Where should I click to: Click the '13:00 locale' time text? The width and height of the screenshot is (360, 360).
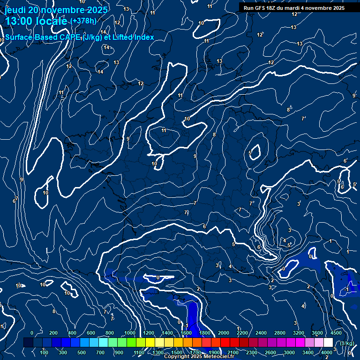pos(36,22)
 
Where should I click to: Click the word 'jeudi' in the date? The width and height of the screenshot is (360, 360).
pos(15,10)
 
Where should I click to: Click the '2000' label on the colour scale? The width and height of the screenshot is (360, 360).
pos(224,333)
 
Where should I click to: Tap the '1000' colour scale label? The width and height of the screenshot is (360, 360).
pos(130,333)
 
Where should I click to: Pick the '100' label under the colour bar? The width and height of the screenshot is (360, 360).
pos(44,352)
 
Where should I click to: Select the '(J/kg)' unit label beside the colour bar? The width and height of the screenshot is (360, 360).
pos(347,343)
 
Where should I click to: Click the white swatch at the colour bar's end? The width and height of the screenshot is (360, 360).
pos(328,343)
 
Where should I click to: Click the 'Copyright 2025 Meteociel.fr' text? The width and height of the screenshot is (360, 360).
pos(197,357)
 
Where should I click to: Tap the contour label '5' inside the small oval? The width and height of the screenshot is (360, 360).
pos(250,153)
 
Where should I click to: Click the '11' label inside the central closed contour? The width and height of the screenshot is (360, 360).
pos(164,130)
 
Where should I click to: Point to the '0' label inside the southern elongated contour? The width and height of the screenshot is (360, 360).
pos(158,278)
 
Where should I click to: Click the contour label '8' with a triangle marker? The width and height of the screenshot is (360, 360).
pos(289,110)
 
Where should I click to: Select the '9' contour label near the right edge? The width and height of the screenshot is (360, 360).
pos(354,96)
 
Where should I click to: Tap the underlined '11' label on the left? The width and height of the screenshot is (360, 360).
pos(61,93)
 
